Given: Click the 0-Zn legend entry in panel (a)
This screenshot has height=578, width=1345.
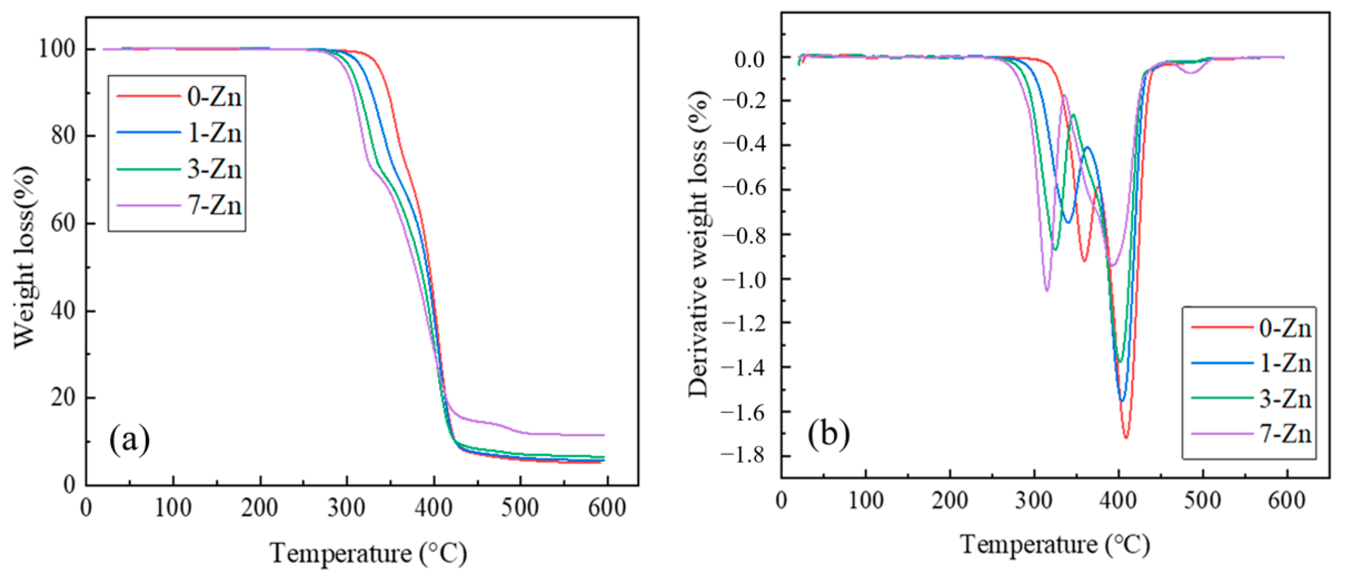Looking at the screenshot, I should (x=214, y=97).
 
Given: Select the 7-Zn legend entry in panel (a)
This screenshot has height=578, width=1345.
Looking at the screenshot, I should (x=214, y=206).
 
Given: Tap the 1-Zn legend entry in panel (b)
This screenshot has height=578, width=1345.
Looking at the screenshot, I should (x=1285, y=364).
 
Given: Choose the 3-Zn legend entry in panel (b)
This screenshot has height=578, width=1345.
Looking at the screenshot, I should (x=1285, y=400).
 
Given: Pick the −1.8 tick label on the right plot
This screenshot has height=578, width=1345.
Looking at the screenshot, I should (x=742, y=455).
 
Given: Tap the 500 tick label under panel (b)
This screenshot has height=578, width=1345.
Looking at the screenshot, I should (x=1203, y=501).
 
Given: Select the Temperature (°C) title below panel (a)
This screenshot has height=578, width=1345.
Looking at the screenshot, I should (x=368, y=554).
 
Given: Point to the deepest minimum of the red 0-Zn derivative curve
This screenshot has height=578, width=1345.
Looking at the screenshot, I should (x=1126, y=437).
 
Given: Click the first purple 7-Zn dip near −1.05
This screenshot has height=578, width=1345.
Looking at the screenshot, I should (x=1047, y=291).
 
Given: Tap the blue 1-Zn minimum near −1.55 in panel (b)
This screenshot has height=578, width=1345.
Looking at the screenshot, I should (x=1122, y=401).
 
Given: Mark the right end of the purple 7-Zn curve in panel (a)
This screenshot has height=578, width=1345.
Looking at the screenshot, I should (x=603, y=435).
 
